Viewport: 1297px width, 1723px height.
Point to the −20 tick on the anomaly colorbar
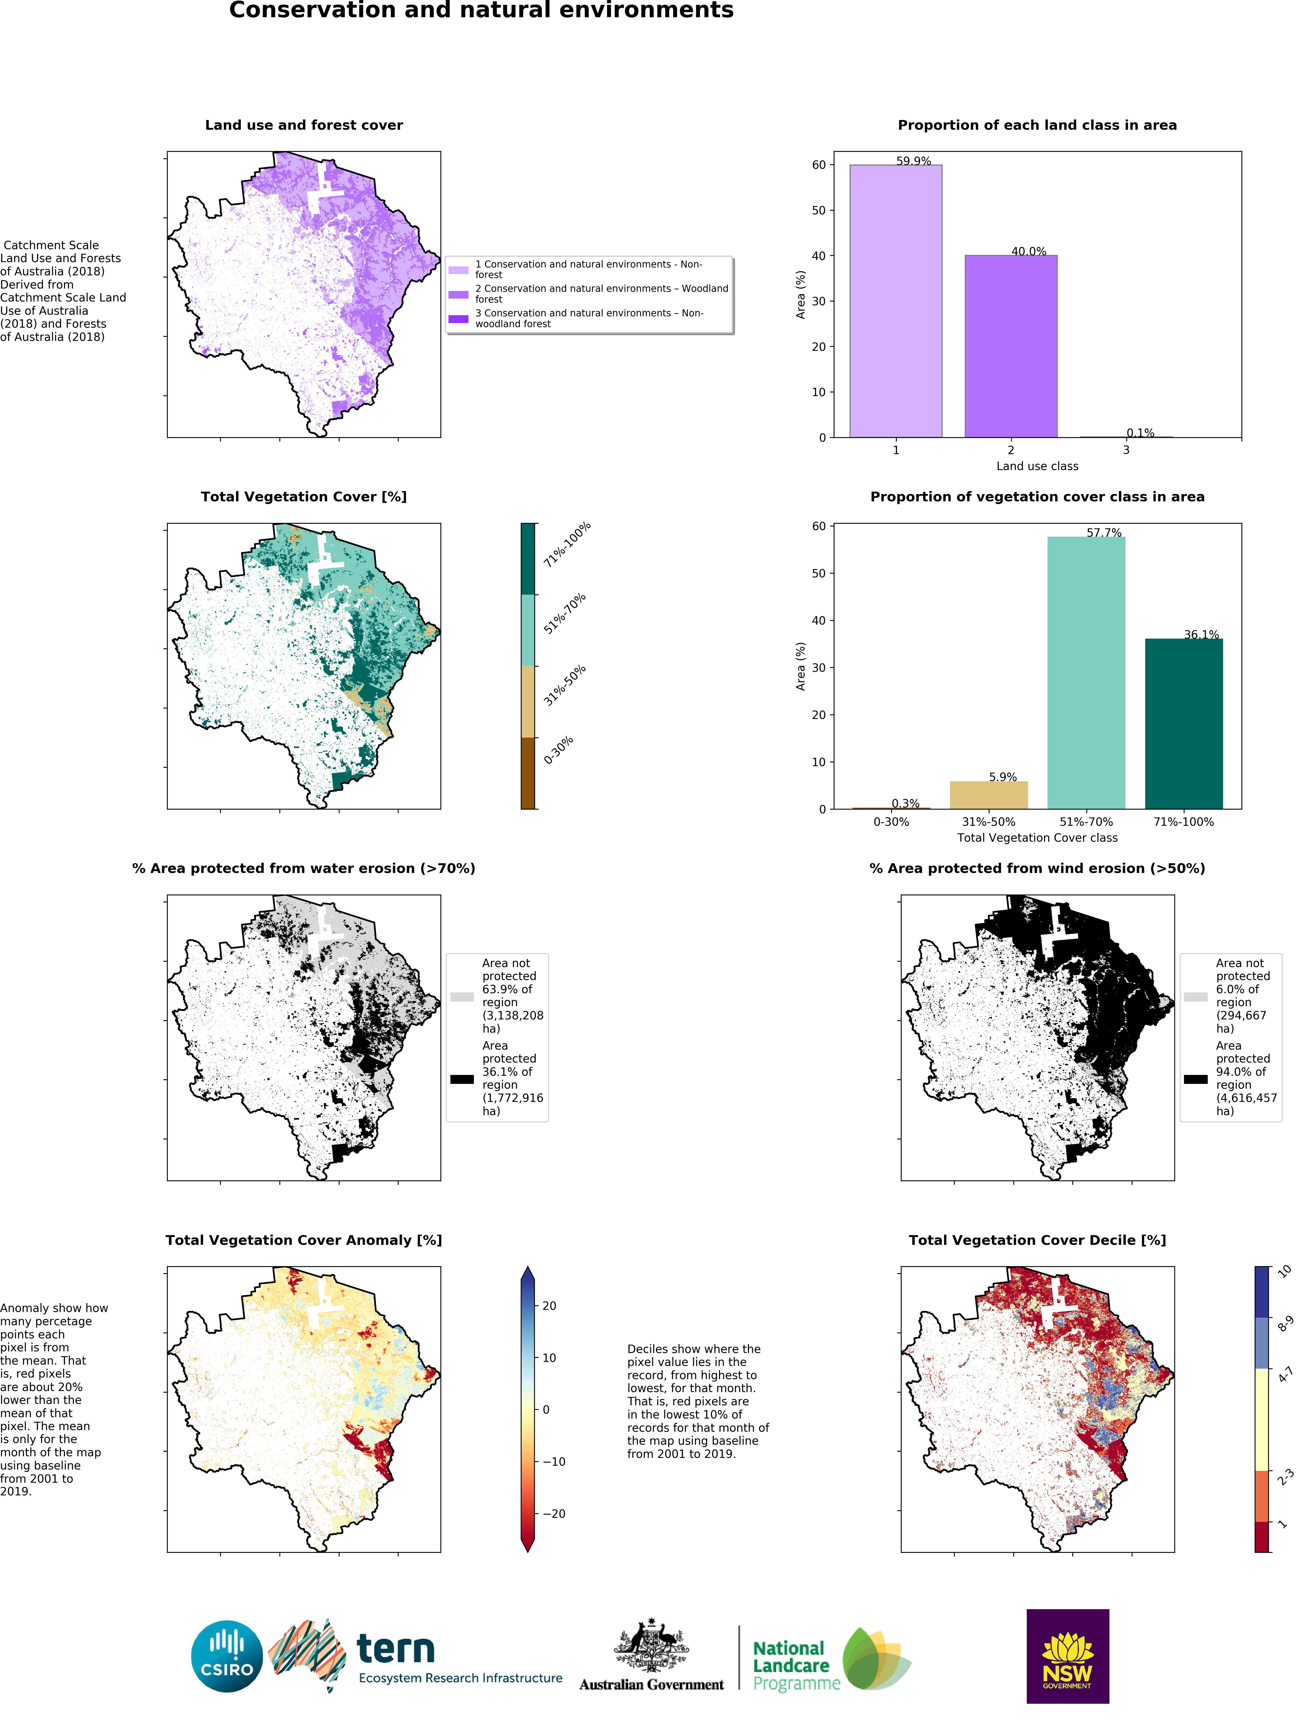(x=553, y=1513)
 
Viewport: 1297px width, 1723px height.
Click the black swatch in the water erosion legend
(x=462, y=1079)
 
